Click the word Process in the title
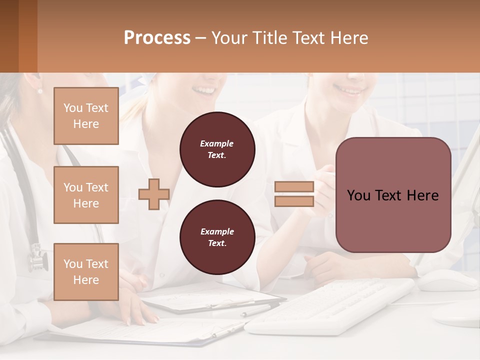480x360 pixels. click(157, 37)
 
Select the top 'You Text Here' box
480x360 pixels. click(86, 116)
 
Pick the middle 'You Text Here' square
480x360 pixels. click(86, 195)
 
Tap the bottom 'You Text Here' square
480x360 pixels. click(86, 272)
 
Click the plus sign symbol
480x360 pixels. click(153, 194)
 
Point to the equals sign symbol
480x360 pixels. click(294, 194)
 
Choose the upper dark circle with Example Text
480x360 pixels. click(217, 149)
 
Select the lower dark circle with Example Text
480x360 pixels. click(217, 237)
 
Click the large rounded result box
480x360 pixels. click(393, 195)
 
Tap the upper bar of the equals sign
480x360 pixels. click(294, 187)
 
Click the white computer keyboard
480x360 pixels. click(330, 305)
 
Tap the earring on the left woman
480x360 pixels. click(40, 90)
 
